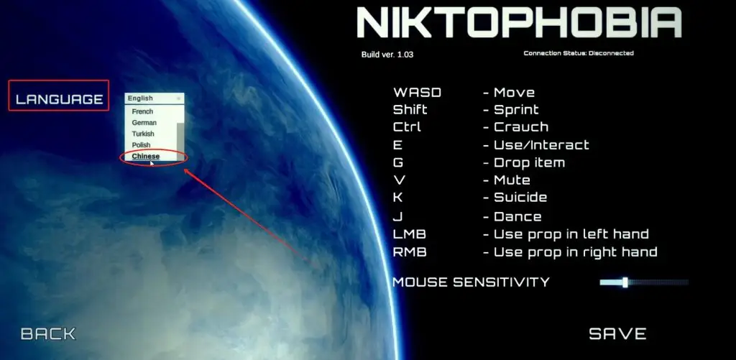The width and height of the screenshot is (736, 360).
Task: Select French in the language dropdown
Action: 142,111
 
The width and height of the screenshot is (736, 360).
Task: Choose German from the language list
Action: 144,122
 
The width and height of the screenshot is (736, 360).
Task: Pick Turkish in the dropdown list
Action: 143,134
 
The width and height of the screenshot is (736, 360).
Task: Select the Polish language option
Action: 141,145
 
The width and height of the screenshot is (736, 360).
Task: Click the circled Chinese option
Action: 145,157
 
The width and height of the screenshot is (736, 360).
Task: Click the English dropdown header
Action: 155,98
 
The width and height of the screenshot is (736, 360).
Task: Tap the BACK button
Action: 48,333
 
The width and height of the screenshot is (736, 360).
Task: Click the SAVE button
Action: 617,333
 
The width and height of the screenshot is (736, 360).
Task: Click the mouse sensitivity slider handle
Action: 625,282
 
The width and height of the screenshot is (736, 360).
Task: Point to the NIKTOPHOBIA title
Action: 519,22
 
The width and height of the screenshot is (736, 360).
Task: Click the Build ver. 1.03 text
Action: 387,55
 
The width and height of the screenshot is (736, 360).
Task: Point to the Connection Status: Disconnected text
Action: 579,53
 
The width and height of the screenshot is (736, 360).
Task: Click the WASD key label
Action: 417,93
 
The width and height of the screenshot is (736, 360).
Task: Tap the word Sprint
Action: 516,111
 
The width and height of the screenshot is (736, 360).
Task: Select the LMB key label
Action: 409,234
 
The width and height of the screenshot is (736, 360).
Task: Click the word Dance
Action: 517,216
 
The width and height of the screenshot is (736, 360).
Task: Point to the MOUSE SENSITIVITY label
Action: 471,282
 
